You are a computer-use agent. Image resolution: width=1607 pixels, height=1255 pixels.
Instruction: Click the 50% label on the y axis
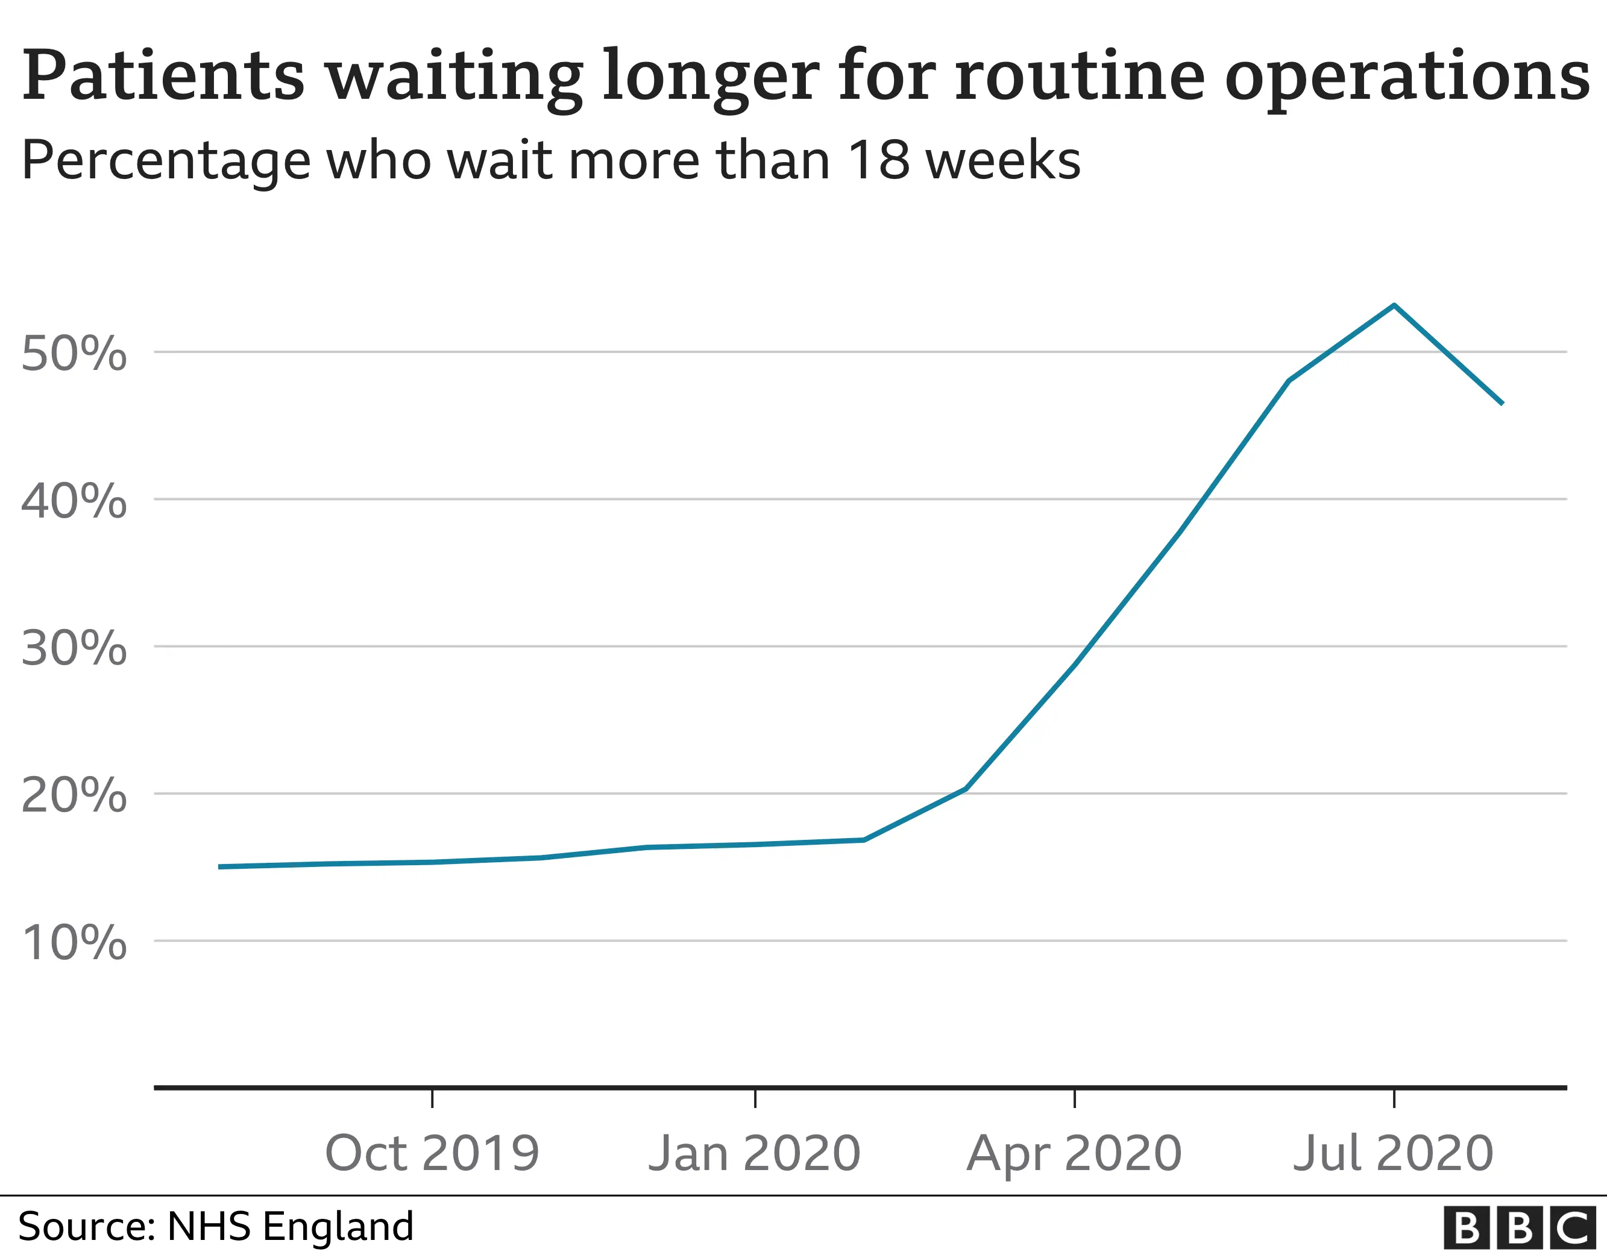74,354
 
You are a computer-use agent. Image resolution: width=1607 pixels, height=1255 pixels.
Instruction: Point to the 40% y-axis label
74,502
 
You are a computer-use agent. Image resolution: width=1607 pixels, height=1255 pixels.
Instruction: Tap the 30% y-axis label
74,649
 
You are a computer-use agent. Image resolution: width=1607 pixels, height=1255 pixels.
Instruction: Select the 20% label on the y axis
74,795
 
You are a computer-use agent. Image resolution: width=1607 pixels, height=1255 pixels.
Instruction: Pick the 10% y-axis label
74,942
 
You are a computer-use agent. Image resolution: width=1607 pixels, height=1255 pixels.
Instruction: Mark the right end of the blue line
1501,403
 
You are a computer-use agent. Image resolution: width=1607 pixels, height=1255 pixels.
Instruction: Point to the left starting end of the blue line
220,866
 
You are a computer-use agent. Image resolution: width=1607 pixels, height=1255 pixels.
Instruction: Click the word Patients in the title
163,77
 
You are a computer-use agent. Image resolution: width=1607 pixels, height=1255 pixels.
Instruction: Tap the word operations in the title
1406,77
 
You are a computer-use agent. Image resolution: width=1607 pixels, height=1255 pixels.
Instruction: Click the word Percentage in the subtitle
166,161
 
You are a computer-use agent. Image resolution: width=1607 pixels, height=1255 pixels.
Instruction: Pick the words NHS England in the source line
291,1226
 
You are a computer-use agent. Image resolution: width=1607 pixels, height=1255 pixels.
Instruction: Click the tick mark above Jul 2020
1394,1098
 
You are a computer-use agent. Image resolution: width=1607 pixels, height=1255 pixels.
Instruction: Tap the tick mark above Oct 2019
432,1098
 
